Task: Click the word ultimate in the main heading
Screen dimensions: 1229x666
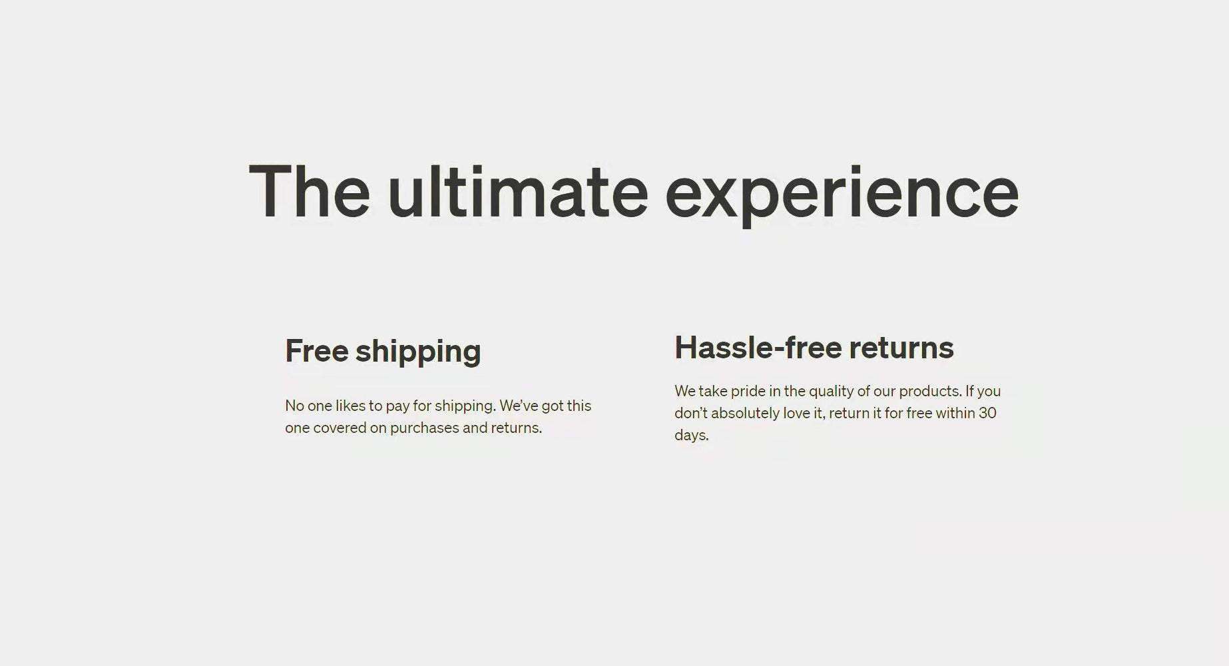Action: pos(518,191)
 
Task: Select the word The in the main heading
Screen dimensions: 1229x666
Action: pos(310,191)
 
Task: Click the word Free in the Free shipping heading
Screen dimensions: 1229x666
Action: pos(317,351)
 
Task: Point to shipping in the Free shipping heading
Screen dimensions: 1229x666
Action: pos(418,353)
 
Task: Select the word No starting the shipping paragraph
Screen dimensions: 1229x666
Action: pos(294,406)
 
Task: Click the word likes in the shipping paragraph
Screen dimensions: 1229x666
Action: pos(350,406)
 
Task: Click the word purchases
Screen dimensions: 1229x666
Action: pos(425,428)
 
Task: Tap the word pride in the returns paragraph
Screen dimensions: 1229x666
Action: pos(748,392)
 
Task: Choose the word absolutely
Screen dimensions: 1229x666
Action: pos(746,414)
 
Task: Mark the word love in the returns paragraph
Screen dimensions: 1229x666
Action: pos(796,413)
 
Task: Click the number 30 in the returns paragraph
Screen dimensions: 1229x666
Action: pos(988,413)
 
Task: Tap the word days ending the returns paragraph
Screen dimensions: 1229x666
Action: pos(692,436)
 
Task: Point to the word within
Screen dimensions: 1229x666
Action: pos(955,413)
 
